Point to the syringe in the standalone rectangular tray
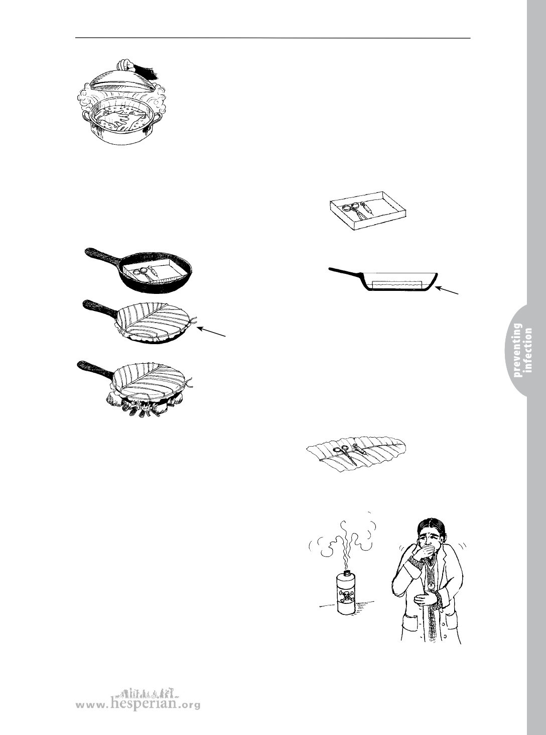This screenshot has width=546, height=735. pos(367,208)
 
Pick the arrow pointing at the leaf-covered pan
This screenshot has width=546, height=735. pos(211,332)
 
